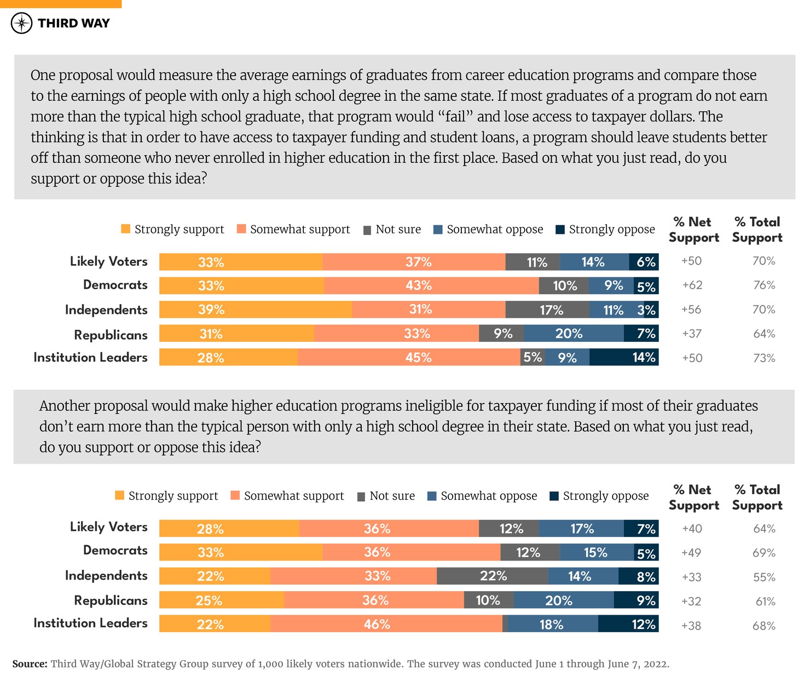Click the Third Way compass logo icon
22,23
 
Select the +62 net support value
691,285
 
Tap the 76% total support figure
763,285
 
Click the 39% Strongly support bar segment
256,310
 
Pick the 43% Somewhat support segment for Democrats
431,286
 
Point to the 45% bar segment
409,358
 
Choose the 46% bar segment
386,624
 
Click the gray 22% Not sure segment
492,576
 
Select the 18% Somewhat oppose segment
552,625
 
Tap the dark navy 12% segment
628,625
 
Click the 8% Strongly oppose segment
639,577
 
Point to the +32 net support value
691,602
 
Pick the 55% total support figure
763,577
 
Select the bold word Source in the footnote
30,664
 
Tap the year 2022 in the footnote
655,664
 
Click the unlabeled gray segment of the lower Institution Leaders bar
505,624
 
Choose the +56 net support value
691,310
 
